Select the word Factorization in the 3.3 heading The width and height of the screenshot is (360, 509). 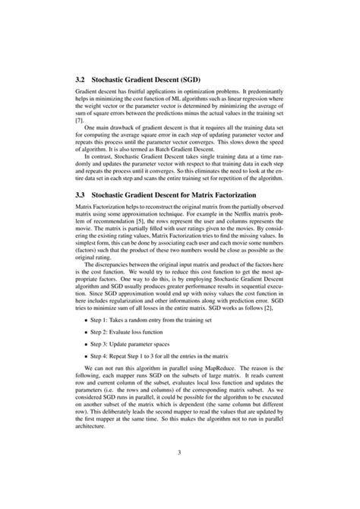point(250,194)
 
